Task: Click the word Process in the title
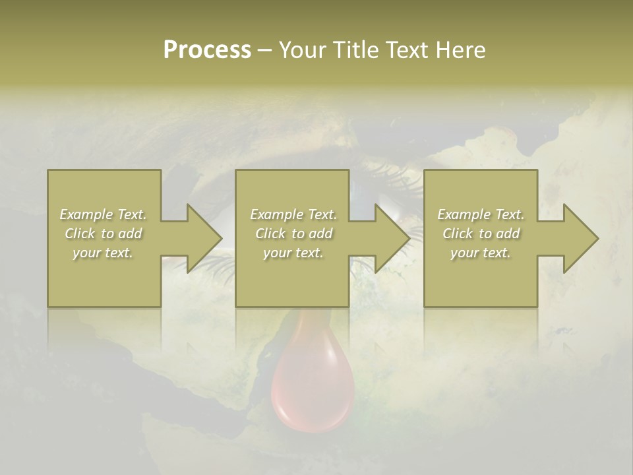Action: click(x=207, y=50)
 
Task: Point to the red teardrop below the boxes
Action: click(x=313, y=389)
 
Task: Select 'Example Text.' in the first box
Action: click(x=103, y=214)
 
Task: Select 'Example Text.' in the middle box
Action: click(x=293, y=214)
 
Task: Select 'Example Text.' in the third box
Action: click(x=481, y=214)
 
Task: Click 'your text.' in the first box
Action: click(x=103, y=253)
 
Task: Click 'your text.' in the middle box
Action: click(x=293, y=253)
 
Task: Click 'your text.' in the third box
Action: click(x=481, y=253)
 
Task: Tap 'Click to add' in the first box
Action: click(x=103, y=234)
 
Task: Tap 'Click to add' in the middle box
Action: click(x=293, y=234)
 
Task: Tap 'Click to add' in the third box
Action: click(x=481, y=234)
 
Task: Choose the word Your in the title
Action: click(x=301, y=50)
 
